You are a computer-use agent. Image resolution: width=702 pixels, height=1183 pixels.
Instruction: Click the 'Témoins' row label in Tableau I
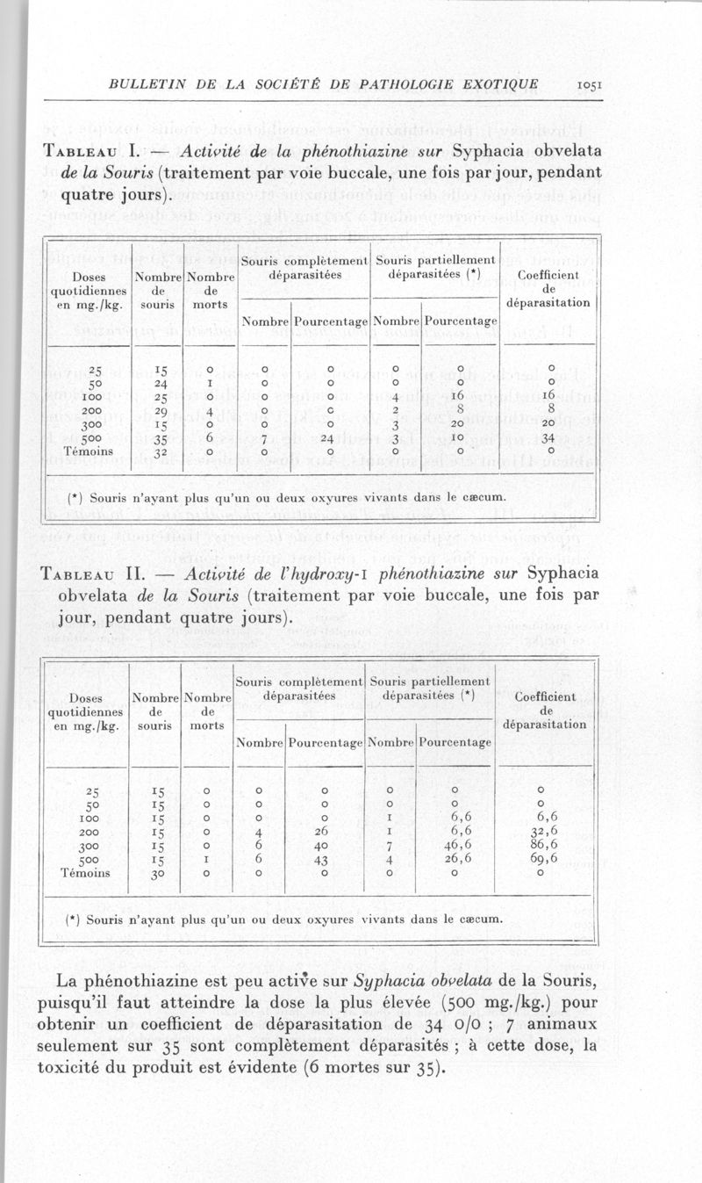(88, 453)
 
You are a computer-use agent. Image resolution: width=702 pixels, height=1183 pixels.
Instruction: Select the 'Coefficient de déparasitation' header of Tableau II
(545, 710)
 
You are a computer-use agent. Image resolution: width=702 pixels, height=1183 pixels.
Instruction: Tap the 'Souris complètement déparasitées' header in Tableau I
(304, 267)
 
